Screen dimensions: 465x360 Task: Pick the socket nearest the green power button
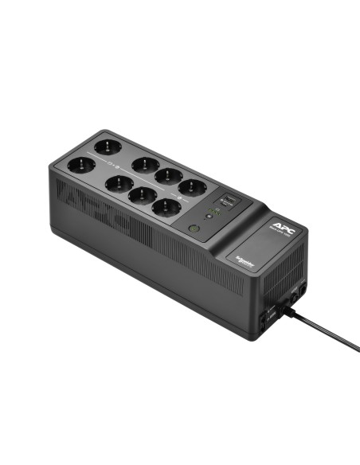[164, 208]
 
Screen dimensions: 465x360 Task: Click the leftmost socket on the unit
[81, 166]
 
